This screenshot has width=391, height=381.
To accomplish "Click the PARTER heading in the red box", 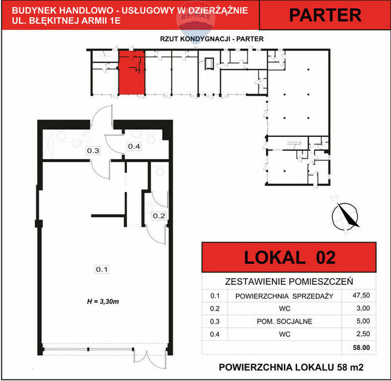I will tap(325, 16).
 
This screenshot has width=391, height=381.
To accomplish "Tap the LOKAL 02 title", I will tap(290, 258).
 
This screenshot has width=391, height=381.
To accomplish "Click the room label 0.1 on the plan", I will tap(102, 270).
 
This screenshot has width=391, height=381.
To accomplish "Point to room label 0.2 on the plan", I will tap(158, 216).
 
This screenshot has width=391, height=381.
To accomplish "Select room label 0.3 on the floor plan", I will tap(93, 151).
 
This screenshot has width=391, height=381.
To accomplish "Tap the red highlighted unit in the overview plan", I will tap(131, 74).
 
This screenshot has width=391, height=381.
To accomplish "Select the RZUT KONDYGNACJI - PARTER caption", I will tap(212, 39).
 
